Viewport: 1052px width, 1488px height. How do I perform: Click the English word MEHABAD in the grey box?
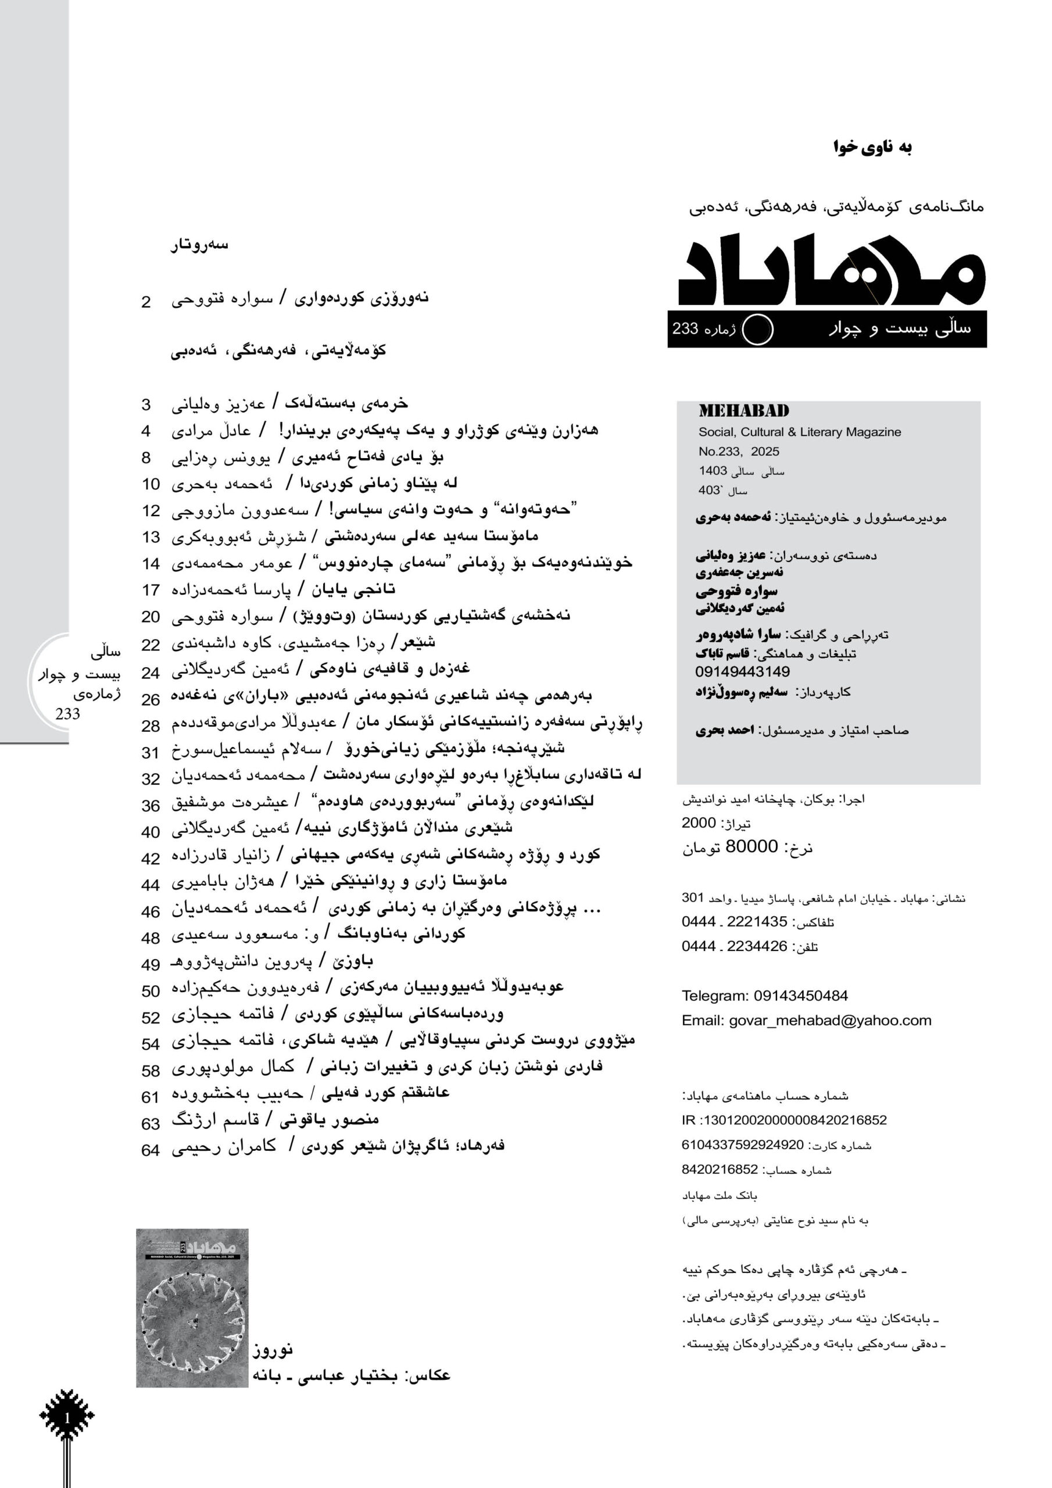point(743,411)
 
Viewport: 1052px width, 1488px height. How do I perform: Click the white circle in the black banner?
point(757,329)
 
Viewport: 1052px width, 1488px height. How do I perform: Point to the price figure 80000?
point(752,846)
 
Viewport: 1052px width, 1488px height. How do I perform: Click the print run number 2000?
point(699,822)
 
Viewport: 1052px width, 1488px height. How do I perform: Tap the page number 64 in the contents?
point(151,1150)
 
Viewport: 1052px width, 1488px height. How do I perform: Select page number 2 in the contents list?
point(146,302)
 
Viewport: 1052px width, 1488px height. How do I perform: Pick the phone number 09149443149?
point(742,671)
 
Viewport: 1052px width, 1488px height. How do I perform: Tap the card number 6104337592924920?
point(742,1144)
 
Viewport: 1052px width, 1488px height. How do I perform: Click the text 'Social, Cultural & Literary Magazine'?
point(799,432)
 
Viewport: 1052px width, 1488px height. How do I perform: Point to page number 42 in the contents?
point(151,858)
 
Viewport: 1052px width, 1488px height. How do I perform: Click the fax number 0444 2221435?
point(733,922)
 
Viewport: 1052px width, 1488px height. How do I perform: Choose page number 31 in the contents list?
point(151,752)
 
